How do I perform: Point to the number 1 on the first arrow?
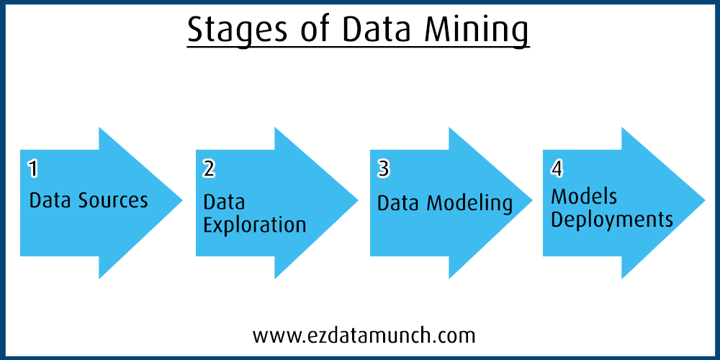[x=32, y=169]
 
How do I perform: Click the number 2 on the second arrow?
[x=209, y=169]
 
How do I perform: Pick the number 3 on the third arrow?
[x=383, y=169]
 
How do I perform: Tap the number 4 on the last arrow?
[x=557, y=169]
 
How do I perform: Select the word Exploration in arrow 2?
[x=254, y=225]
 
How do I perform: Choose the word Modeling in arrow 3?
[x=469, y=203]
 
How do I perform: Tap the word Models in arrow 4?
[x=584, y=196]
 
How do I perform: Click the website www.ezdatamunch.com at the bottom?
[x=364, y=335]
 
